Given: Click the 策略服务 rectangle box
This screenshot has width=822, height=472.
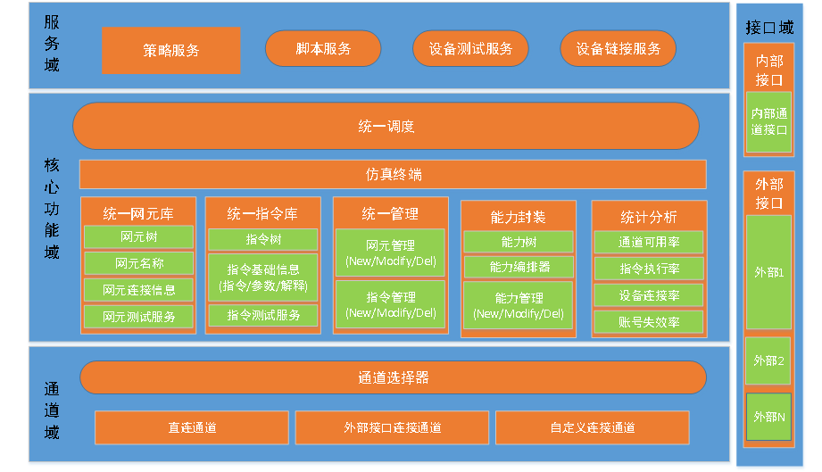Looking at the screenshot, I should pos(170,50).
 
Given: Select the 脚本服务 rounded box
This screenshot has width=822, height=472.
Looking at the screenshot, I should pos(323,48).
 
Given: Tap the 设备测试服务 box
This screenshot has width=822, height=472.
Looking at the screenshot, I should pos(470,48).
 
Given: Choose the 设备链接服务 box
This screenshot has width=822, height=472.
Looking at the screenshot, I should pos(618,48).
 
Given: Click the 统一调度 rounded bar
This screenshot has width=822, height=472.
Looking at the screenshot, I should pos(386,126).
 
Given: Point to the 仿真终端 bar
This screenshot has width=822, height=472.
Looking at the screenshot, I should pos(393,174).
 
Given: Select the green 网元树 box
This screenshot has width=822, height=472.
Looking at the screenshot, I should pos(138,236).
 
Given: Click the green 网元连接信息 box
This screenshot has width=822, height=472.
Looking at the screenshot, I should pos(138,290).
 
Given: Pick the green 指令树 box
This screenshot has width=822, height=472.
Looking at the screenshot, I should pos(263,239).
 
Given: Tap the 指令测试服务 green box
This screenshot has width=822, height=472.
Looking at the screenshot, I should pos(263,315).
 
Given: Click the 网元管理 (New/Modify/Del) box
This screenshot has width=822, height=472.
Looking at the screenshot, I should pos(390,253).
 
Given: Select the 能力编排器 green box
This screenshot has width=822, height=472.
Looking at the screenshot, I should pos(519,267).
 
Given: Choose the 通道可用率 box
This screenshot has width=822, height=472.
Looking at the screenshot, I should pos(649,242).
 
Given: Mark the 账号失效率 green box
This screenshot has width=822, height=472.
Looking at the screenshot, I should pos(649,321).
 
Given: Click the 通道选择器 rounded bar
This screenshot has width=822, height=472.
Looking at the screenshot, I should pos(393,377).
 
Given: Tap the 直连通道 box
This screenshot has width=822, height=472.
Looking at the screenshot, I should pos(192,427).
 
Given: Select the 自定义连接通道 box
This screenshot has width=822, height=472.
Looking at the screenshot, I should pos(593,427).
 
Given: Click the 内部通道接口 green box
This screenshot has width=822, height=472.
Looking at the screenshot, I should pos(768,121).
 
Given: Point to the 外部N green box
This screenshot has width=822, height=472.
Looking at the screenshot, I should pos(768,416).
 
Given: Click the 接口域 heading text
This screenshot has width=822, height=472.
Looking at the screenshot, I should pos(768,28).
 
